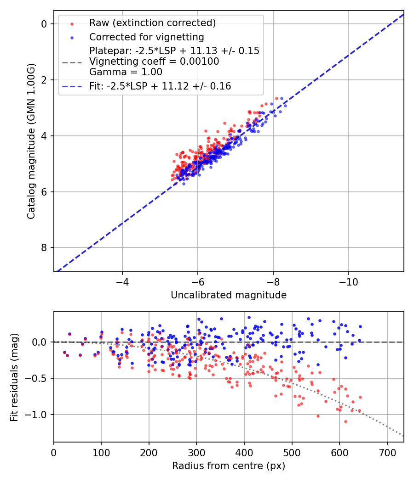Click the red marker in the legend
71,23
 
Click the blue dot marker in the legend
71,37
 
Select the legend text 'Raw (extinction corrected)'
152,23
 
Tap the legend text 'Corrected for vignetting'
146,37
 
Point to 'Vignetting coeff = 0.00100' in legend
154,62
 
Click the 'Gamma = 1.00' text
126,72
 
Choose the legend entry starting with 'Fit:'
160,86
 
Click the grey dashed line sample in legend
71,62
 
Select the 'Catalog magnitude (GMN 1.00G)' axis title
31,140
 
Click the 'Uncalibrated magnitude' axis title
229,295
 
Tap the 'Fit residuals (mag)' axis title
14,377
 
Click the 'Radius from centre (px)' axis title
229,466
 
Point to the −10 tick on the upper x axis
348,281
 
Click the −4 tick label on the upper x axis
122,281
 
